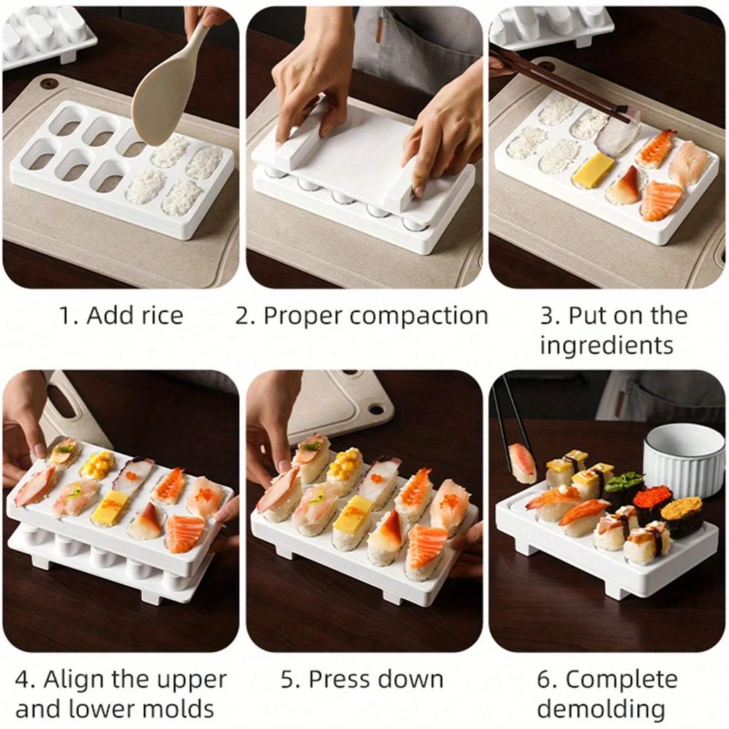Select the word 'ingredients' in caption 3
point(606,345)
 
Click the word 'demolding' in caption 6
point(601,708)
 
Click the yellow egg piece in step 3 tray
point(592,171)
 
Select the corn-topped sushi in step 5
point(345,470)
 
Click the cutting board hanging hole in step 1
point(49,84)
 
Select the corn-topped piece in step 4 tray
point(98,466)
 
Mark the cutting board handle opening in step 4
point(61,401)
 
